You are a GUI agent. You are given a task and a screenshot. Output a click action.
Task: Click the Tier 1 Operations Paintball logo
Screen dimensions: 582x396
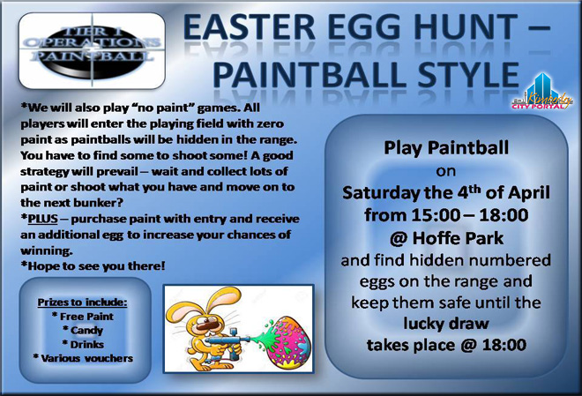92,51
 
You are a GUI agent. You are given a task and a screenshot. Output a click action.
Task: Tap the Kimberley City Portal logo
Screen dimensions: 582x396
542,92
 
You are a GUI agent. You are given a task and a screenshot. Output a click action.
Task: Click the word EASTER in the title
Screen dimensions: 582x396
250,27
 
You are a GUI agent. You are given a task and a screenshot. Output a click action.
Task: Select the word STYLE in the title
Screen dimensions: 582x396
467,75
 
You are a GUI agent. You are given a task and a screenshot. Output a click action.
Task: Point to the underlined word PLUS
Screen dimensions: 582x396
42,219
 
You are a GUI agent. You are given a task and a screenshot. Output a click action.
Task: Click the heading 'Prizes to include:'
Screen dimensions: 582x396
82,303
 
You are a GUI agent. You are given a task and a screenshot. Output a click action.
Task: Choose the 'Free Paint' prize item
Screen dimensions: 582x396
83,317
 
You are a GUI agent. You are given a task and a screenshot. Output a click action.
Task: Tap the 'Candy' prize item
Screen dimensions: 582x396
83,331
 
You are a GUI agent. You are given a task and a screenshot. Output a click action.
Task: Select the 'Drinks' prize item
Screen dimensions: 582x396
83,345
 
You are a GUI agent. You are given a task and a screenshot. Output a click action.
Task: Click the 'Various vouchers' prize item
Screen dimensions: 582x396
83,358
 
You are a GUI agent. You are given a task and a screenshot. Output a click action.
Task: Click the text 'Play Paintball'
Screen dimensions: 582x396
446,147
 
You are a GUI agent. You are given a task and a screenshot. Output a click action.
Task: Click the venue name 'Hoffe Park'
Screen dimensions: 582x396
458,238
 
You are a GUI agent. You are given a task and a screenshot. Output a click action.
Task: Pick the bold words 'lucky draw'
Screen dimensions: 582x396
446,324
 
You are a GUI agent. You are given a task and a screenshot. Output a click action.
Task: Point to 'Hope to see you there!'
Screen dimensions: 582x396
93,266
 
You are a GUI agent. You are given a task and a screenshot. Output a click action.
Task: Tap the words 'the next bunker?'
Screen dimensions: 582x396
72,203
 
